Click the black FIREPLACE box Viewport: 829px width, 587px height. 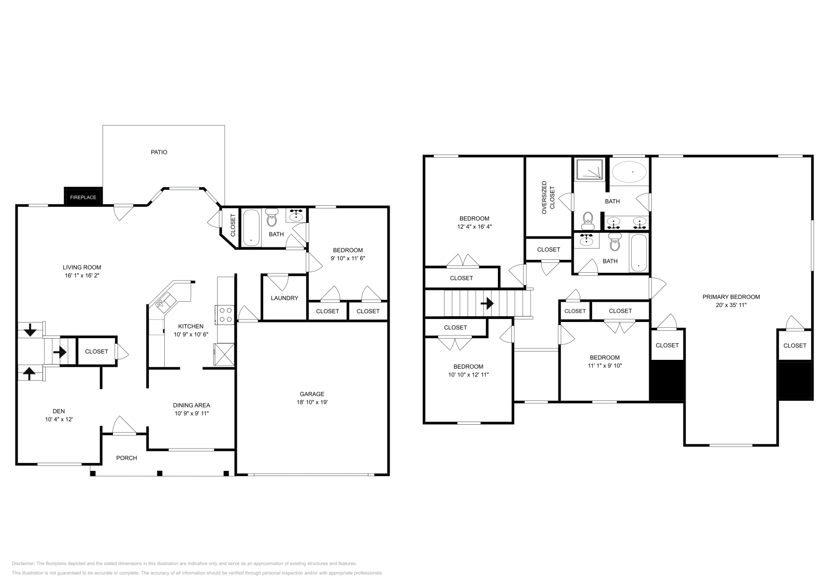(x=83, y=197)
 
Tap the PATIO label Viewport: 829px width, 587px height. (x=159, y=152)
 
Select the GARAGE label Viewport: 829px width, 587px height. (x=312, y=394)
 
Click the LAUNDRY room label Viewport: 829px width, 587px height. (x=284, y=298)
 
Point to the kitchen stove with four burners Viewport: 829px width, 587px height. (x=226, y=315)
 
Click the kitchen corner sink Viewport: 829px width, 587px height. (x=161, y=301)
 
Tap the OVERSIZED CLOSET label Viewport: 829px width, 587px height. (x=548, y=198)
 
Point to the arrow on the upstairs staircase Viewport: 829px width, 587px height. (x=487, y=303)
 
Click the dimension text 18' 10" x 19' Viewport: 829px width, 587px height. (x=312, y=402)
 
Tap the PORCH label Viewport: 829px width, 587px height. (x=126, y=458)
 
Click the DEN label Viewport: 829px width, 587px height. (x=59, y=411)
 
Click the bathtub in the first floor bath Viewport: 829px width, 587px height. (x=251, y=226)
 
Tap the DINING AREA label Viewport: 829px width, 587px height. (x=191, y=405)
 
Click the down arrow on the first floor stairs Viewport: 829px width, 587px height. (x=30, y=329)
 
